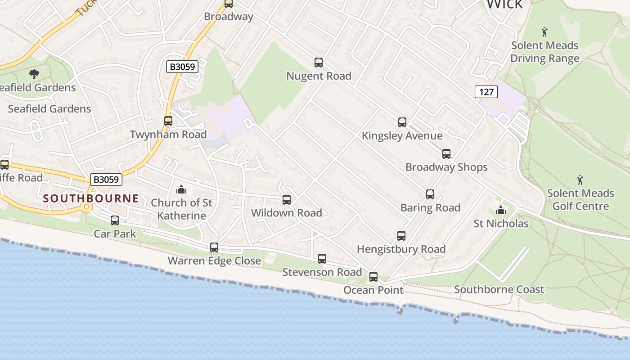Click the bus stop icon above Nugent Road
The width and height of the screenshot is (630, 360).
pyautogui.click(x=319, y=63)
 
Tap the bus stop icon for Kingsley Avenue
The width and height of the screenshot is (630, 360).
pyautogui.click(x=402, y=122)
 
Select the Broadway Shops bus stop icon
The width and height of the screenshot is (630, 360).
pyautogui.click(x=446, y=154)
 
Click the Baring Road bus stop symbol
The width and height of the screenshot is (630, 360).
pyautogui.click(x=430, y=194)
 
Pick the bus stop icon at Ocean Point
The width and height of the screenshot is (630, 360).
pyautogui.click(x=373, y=277)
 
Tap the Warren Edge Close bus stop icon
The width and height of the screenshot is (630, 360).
pyautogui.click(x=214, y=247)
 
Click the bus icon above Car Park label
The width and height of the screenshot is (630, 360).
pyautogui.click(x=115, y=220)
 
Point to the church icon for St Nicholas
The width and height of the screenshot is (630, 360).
pyautogui.click(x=500, y=210)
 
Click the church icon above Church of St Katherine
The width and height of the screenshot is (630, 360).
pyautogui.click(x=181, y=189)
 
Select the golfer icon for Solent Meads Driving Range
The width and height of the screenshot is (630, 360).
pyautogui.click(x=544, y=32)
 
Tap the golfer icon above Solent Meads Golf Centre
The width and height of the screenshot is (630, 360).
pyautogui.click(x=580, y=180)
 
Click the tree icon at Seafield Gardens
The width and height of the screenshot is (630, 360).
pyautogui.click(x=34, y=74)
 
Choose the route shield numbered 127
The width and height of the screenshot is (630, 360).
pyautogui.click(x=486, y=92)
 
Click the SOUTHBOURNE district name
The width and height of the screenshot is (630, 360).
pyautogui.click(x=91, y=198)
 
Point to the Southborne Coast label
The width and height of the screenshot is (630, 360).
pyautogui.click(x=499, y=289)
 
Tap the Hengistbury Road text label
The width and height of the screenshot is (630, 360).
pyautogui.click(x=401, y=249)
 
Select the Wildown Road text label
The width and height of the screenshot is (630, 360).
pyautogui.click(x=287, y=212)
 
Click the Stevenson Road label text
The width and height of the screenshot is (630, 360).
pyautogui.click(x=322, y=272)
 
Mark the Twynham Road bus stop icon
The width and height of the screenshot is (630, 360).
pyautogui.click(x=168, y=121)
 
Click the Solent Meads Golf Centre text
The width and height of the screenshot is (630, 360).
pyautogui.click(x=580, y=200)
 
